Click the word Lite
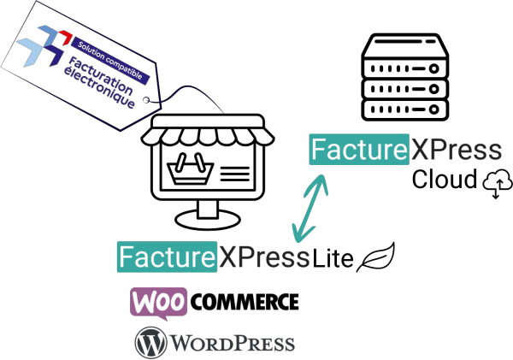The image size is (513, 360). [x=333, y=257]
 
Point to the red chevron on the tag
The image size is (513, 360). [x=63, y=37]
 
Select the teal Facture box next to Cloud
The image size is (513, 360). [x=357, y=150]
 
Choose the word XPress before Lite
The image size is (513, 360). [x=262, y=256]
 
